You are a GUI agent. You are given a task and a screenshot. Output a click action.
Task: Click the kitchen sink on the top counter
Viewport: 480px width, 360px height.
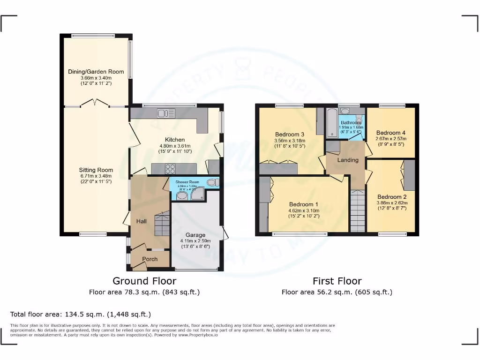coord(166,113)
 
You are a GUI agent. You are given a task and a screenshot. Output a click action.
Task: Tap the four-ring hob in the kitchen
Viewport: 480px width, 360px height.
coord(170,169)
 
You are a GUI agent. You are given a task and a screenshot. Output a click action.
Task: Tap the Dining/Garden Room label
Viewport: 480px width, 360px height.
coord(96,72)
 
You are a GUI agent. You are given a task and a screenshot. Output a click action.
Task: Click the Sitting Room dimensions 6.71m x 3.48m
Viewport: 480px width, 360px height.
coord(96,176)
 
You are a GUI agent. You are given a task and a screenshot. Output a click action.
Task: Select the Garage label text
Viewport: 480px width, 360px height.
coord(195,235)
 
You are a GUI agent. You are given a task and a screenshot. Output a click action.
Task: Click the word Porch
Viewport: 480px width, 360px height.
coord(150,259)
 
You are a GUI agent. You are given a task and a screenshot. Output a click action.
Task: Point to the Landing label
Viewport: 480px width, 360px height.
coord(348,160)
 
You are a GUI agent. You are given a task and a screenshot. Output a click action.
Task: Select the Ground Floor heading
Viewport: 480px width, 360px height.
coord(144,281)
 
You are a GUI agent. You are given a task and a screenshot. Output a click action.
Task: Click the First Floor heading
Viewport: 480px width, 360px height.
coord(337,281)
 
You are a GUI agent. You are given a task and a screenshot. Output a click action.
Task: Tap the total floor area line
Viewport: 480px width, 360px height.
coord(81,314)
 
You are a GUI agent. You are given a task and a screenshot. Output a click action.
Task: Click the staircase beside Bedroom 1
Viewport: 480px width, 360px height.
coord(358,211)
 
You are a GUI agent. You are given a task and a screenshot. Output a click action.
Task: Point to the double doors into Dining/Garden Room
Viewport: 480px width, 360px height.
coord(96,103)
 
